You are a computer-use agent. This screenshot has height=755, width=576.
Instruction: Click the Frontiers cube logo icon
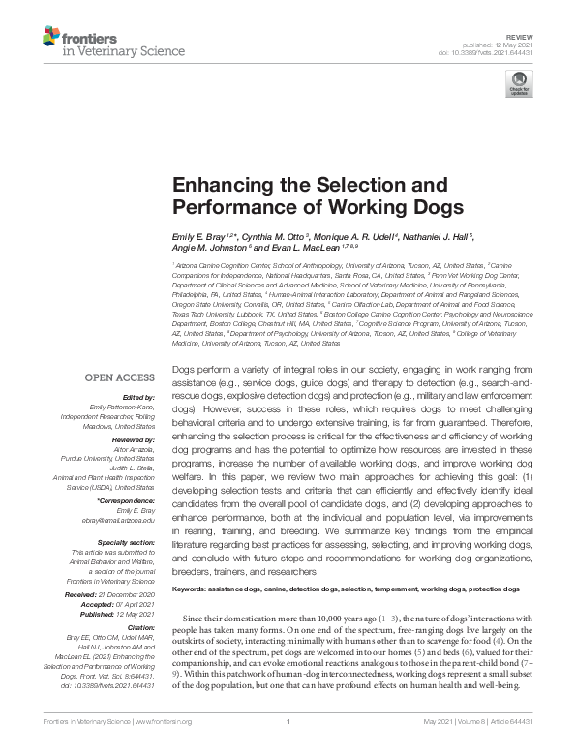51,38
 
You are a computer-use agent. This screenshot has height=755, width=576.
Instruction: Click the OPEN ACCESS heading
121,377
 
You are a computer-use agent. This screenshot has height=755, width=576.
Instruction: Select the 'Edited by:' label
140,397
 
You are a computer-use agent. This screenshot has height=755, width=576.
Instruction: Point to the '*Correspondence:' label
127,499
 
